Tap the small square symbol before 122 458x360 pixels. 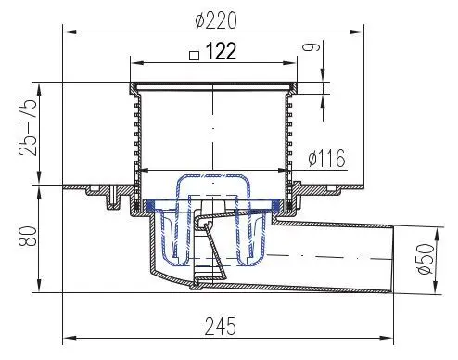(x=193, y=55)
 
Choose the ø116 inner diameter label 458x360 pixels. (x=324, y=159)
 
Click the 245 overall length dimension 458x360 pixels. (x=219, y=327)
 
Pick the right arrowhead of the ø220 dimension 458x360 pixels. (x=368, y=32)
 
